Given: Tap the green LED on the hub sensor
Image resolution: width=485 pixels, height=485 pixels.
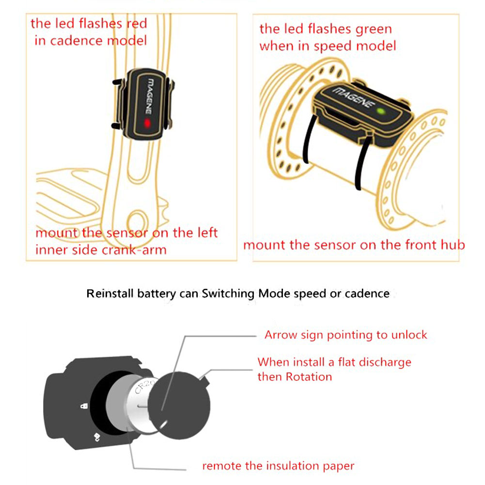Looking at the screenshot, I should click(381, 111).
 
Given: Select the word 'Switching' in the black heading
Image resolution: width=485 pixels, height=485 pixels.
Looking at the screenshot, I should click(230, 294).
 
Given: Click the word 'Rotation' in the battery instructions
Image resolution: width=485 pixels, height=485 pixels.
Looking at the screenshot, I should click(309, 377).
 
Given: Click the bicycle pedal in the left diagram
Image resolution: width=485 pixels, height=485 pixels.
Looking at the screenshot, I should click(68, 194).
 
